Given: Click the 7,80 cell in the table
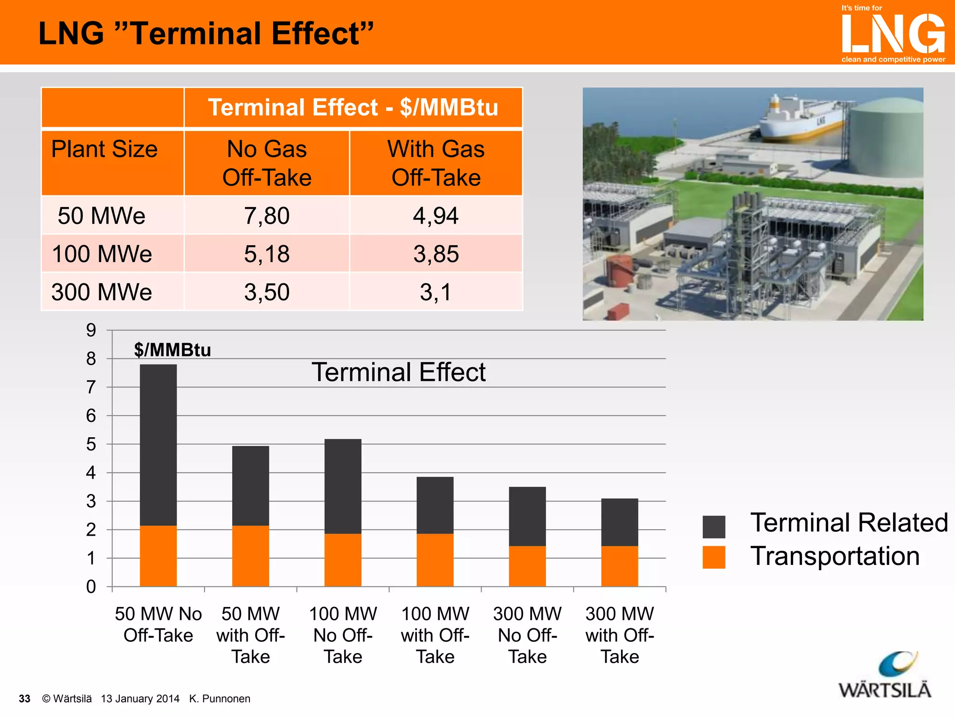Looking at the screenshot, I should pos(267,216).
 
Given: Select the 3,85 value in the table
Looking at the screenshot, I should pos(436,254).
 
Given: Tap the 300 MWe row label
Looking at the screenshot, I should pos(102,292).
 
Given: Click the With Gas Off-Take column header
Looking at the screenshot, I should pos(436,163).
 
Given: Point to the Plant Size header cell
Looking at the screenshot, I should pos(104,150).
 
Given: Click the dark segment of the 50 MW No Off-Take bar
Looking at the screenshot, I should pos(158,445).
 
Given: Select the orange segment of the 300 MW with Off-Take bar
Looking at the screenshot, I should pos(619,566).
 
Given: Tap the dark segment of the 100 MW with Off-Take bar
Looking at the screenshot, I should pos(435,505).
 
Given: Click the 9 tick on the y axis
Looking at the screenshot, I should pos(91,330).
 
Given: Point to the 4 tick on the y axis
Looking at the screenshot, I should pos(91,473).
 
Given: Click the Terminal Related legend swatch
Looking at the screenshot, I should pos(713,527).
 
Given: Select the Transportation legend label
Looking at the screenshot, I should pos(835,556).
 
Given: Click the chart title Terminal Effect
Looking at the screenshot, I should pos(398,372).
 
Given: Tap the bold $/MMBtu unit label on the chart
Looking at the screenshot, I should pos(173,350).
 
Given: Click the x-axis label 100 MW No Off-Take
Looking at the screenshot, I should pos(343,635).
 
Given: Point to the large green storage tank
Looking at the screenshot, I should pos(886,140).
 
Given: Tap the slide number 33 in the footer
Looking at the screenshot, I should pos(24,699).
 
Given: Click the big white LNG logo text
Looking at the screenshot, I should pos(893,34).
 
